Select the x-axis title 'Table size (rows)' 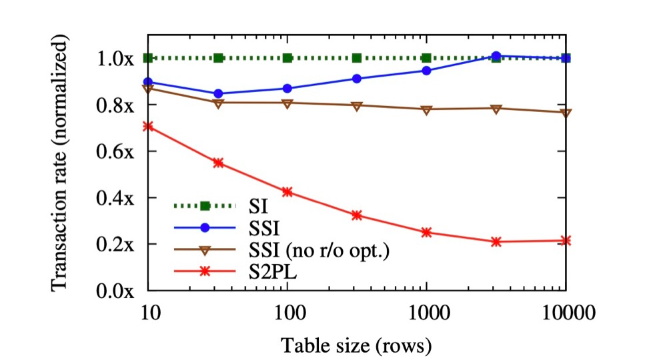[356, 345]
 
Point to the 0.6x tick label [115, 151]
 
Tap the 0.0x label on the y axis [115, 291]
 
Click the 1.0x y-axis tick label [115, 58]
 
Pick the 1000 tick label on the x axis [427, 314]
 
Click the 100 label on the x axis [287, 314]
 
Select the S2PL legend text [273, 271]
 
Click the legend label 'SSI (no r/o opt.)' [319, 251]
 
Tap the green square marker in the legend [205, 206]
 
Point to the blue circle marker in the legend [205, 228]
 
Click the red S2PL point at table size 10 [148, 126]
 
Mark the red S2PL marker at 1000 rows [427, 233]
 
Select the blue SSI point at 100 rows [287, 89]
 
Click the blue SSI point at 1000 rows [427, 71]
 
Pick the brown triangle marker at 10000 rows [566, 113]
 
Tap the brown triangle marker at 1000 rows [427, 109]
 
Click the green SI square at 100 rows [287, 58]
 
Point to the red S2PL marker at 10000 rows [566, 241]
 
